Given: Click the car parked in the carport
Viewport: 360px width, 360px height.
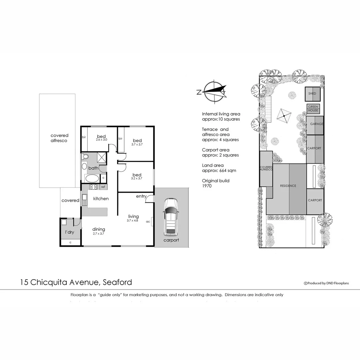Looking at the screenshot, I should click(x=171, y=217).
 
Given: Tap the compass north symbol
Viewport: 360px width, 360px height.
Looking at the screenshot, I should click(x=213, y=91).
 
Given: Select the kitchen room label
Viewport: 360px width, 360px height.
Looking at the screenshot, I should click(x=101, y=199).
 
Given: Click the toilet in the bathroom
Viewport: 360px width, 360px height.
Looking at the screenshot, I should click(x=85, y=156).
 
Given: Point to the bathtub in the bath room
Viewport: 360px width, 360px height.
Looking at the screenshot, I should click(x=92, y=178).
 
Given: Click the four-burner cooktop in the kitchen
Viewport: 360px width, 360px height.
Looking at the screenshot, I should click(x=93, y=187).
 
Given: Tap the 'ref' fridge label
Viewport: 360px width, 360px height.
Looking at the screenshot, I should click(x=103, y=187).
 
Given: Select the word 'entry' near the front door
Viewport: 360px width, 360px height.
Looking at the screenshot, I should click(x=141, y=196).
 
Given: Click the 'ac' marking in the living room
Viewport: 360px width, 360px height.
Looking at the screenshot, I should click(x=148, y=221).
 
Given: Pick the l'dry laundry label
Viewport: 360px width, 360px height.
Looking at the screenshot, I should click(x=69, y=232).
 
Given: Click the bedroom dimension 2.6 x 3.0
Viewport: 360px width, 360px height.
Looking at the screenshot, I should click(x=101, y=140).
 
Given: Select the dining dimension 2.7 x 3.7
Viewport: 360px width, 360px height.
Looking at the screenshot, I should click(x=99, y=234).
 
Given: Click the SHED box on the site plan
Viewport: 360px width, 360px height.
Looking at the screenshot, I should click(x=312, y=94).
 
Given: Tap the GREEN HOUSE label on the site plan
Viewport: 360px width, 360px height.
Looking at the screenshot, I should click(x=313, y=109).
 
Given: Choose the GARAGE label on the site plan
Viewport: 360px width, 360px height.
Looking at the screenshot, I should click(x=316, y=124).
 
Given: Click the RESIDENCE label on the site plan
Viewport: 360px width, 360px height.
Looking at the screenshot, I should click(x=288, y=186).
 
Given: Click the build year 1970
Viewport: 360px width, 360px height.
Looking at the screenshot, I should click(x=207, y=186).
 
